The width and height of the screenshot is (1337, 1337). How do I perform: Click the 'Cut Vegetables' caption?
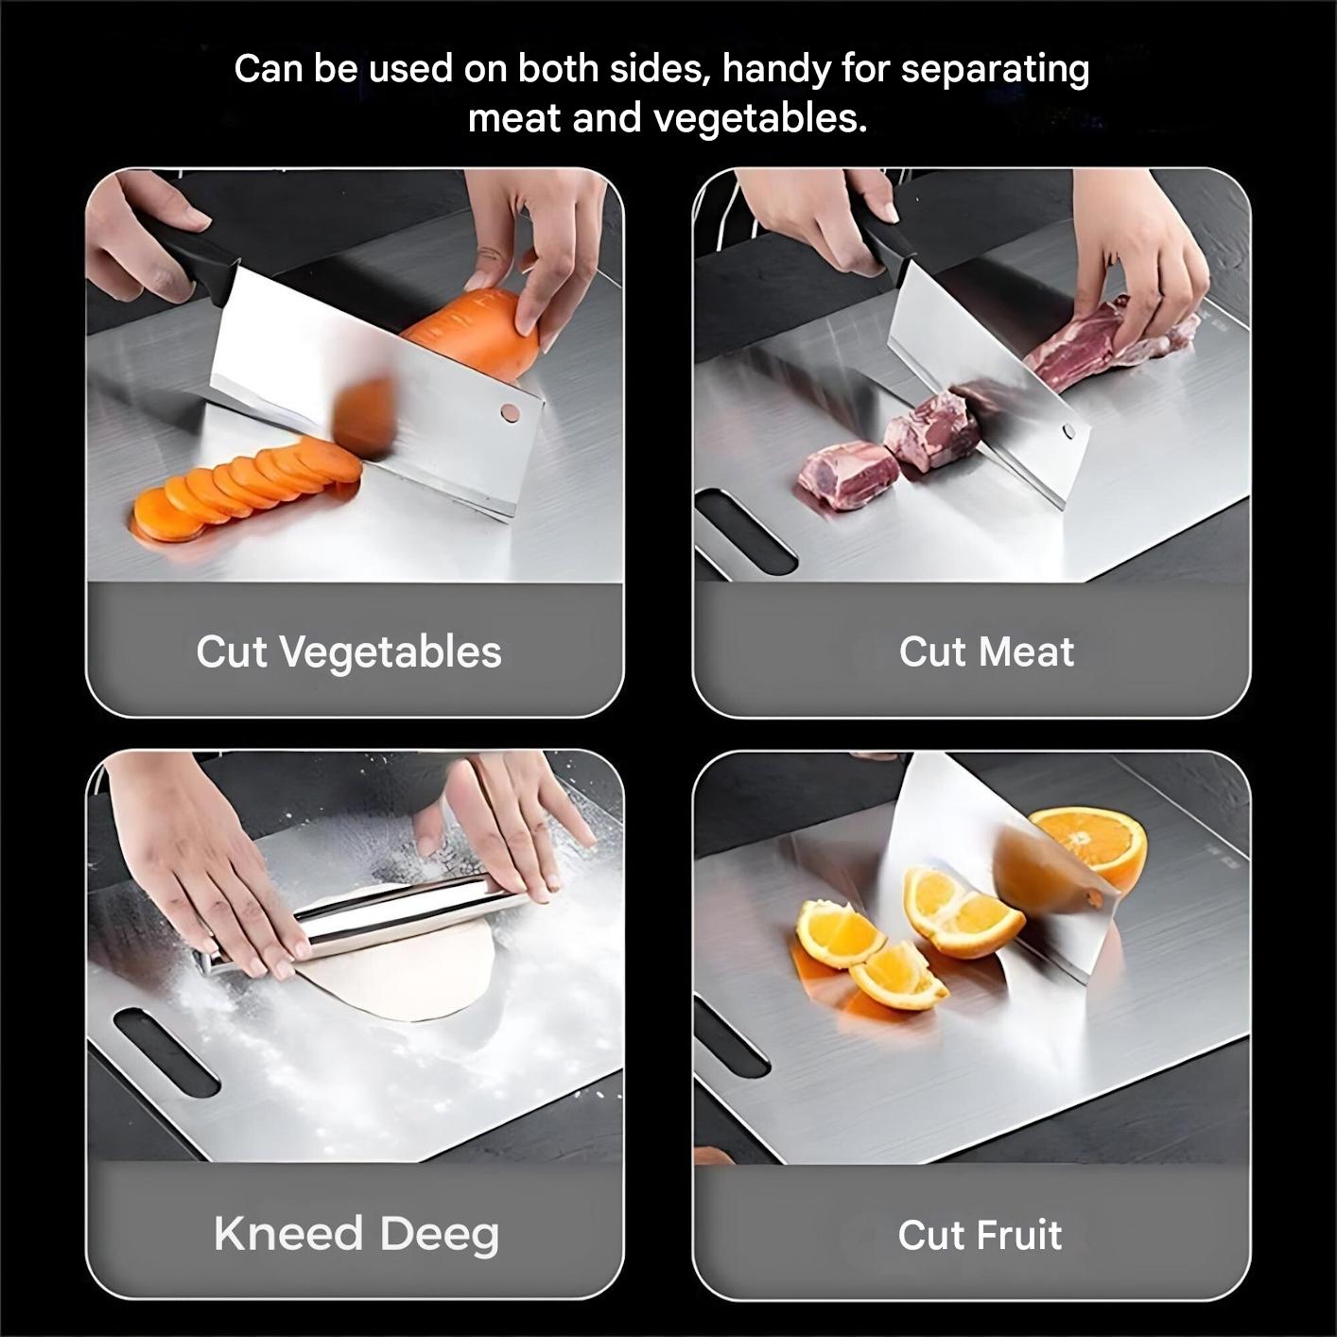[349, 652]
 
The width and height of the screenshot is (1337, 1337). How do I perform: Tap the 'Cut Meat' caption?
[986, 652]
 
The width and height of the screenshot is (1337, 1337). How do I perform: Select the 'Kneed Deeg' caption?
[356, 1234]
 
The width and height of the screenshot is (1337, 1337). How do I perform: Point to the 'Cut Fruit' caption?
[980, 1235]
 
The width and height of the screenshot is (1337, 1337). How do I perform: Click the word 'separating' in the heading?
[995, 70]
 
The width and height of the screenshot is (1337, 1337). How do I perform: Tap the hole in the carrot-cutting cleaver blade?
[510, 411]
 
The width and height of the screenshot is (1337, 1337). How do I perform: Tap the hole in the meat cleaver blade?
[1068, 432]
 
